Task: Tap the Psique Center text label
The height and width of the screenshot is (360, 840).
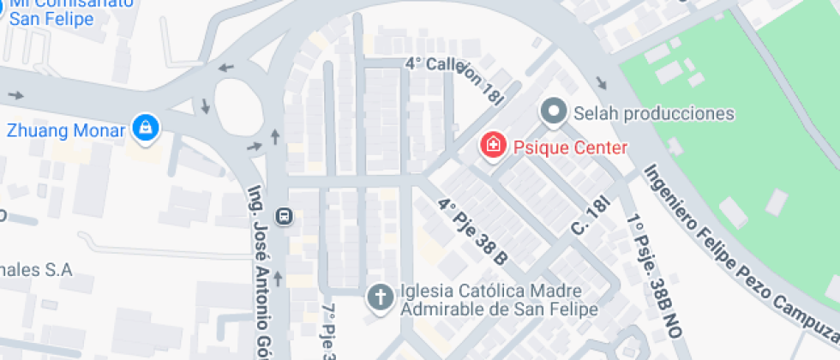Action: (x=570, y=147)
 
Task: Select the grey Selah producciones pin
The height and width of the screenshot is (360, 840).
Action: (x=554, y=111)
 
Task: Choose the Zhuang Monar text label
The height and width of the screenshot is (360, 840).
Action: (x=66, y=131)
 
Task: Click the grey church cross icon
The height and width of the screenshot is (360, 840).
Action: (x=377, y=297)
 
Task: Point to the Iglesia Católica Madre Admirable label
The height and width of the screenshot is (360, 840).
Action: (x=499, y=299)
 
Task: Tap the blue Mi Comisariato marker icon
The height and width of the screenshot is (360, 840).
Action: (x=3, y=12)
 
